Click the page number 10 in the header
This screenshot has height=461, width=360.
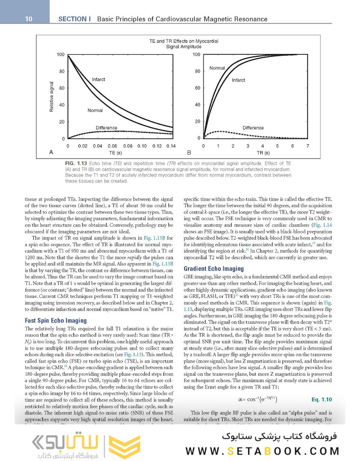(29, 19)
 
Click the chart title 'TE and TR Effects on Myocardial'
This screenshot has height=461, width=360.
(183, 41)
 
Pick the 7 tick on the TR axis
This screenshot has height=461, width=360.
(307, 146)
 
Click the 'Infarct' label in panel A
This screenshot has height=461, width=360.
(98, 79)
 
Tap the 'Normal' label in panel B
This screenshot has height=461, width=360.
(217, 68)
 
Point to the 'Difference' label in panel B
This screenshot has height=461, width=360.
(253, 128)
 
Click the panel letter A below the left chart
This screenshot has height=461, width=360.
(52, 152)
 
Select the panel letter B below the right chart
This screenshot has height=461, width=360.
(189, 152)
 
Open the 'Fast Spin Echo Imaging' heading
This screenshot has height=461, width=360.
(56, 320)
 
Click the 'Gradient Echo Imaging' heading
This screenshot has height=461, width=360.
(213, 269)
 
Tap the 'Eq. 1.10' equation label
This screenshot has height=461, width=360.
(321, 400)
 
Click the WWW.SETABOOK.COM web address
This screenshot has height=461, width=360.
(262, 451)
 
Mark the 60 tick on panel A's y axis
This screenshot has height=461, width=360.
(62, 88)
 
